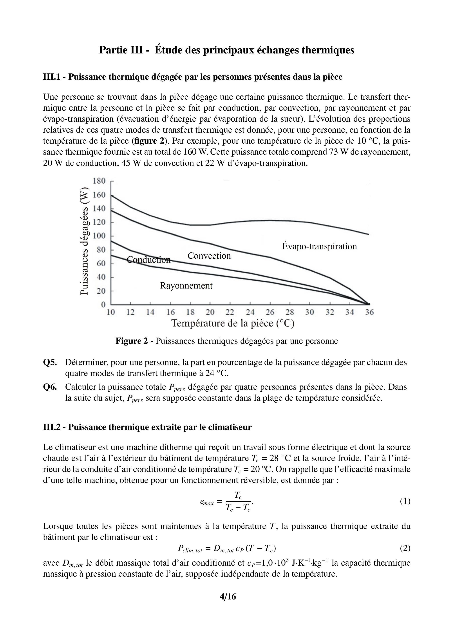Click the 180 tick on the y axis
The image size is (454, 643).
point(99,181)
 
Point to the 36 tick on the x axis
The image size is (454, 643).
point(369,312)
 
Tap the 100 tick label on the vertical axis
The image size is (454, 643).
point(99,236)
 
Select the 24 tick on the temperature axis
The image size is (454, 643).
point(250,312)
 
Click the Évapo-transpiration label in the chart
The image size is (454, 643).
point(319,247)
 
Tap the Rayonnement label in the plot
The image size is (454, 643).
point(186,286)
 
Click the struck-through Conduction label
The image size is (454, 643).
point(148,260)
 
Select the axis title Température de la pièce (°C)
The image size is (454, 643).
point(233,323)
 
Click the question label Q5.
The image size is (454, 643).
point(50,362)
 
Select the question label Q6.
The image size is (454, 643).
point(50,387)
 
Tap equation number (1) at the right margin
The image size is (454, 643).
point(405,501)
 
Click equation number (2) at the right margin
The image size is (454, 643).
point(405,548)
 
